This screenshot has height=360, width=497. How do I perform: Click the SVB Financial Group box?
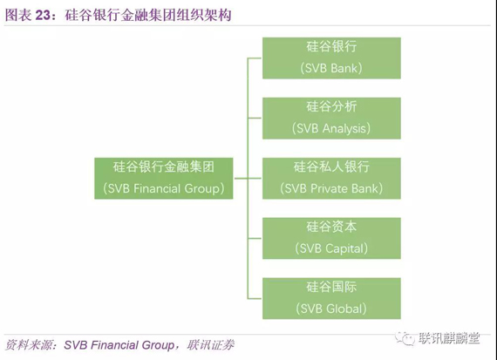[x=164, y=179]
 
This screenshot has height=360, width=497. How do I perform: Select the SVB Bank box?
[x=331, y=58]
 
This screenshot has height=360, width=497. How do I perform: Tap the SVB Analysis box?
[x=331, y=119]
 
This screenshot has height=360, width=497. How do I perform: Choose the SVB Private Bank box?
[x=331, y=179]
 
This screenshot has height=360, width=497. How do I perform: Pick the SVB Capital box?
[x=331, y=238]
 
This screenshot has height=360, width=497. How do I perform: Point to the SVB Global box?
[x=331, y=298]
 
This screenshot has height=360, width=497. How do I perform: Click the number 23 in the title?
[x=43, y=15]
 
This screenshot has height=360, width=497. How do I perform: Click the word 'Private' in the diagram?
[x=329, y=188]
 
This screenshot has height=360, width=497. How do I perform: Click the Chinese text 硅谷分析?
[x=331, y=106]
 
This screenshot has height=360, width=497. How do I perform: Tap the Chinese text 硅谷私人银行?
[x=331, y=166]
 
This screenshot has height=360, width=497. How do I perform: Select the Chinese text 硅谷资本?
[x=331, y=227]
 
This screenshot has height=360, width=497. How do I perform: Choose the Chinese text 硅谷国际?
[x=331, y=287]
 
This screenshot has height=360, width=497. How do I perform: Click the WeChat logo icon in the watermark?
[x=405, y=338]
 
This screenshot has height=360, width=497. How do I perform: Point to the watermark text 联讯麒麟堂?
[x=449, y=338]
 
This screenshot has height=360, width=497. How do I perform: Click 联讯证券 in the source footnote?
[x=210, y=345]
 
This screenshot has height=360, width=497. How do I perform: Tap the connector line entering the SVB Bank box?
[x=255, y=58]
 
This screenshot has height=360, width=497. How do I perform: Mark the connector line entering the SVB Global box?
[x=255, y=298]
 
